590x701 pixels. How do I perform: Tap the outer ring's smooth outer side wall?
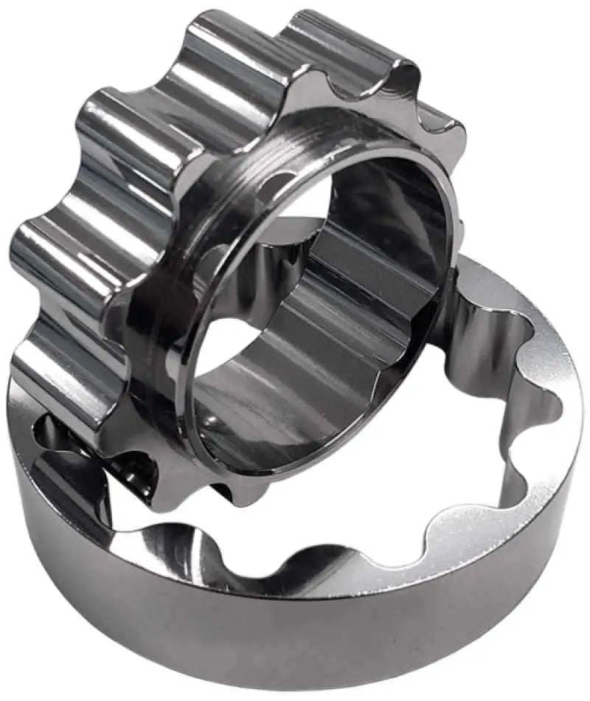pos(295,635)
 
